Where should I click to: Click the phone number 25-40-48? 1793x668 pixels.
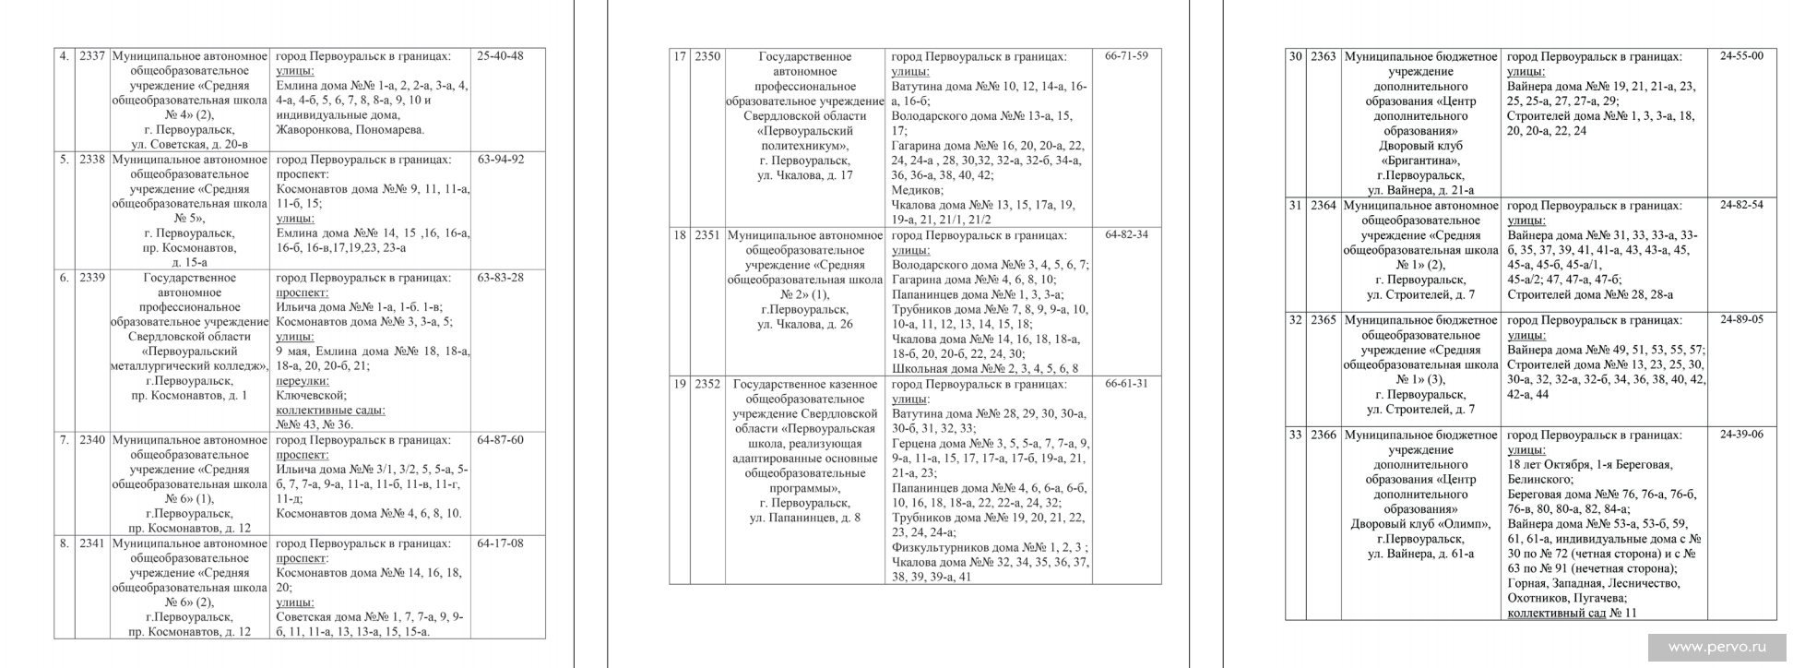point(500,56)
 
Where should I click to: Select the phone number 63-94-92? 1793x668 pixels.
point(501,160)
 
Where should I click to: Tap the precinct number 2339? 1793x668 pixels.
point(92,278)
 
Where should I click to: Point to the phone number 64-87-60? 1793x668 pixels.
point(501,440)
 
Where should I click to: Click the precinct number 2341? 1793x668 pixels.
point(92,543)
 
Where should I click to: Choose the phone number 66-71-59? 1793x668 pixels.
point(1126,56)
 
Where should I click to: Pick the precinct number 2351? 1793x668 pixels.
point(707,235)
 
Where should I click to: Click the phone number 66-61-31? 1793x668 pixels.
point(1126,384)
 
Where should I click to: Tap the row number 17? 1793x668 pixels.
point(680,56)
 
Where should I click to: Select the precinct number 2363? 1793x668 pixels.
point(1323,56)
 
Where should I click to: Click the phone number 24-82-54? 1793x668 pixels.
point(1741,205)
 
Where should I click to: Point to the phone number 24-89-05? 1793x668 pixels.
point(1741,320)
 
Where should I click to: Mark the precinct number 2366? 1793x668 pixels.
point(1323,435)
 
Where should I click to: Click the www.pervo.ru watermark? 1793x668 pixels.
point(1716,648)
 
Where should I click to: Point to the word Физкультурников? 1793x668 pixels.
point(938,547)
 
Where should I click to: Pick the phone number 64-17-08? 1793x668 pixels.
point(501,543)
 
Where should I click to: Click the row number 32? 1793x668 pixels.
point(1295,320)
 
